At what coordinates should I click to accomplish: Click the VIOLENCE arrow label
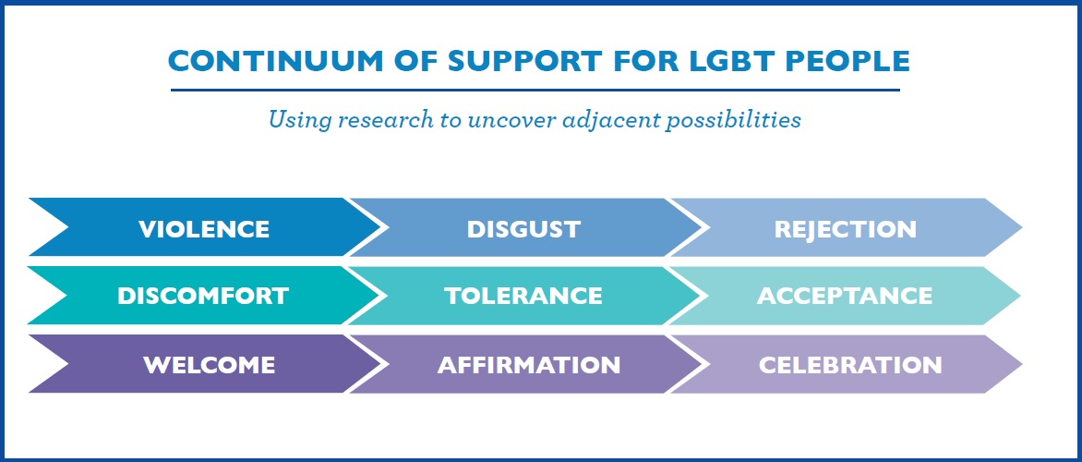pyautogui.click(x=203, y=229)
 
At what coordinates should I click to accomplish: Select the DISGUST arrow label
pyautogui.click(x=523, y=229)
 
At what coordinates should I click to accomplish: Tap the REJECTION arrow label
pyautogui.click(x=846, y=229)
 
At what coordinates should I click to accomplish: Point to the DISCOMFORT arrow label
pyautogui.click(x=203, y=297)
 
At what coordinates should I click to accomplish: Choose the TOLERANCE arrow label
pyautogui.click(x=523, y=297)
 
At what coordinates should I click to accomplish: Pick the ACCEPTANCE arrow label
pyautogui.click(x=845, y=297)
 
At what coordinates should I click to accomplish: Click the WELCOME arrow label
pyautogui.click(x=209, y=365)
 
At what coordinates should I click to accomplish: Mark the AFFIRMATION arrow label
pyautogui.click(x=529, y=365)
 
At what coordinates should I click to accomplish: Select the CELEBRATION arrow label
pyautogui.click(x=850, y=365)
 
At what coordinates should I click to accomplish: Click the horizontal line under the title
pyautogui.click(x=535, y=90)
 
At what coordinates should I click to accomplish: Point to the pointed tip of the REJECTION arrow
pyautogui.click(x=1023, y=227)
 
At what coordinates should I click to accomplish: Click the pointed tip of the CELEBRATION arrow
pyautogui.click(x=1023, y=364)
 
